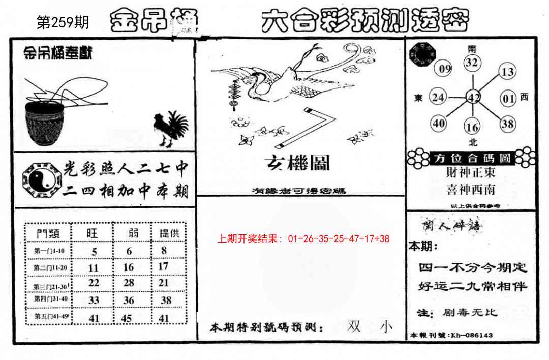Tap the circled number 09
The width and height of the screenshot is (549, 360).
(445, 69)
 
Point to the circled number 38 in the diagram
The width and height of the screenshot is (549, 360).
(507, 123)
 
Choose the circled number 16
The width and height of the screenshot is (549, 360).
(472, 127)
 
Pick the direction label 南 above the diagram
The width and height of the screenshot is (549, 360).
(472, 49)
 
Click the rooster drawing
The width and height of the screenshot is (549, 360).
(170, 129)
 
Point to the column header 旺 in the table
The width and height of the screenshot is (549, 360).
(92, 233)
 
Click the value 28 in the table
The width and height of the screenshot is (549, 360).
(129, 283)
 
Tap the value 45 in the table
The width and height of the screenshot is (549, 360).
(129, 319)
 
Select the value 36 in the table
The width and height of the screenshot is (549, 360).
(129, 301)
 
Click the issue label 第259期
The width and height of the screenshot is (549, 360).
(63, 23)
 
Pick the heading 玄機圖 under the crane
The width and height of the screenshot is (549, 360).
(297, 163)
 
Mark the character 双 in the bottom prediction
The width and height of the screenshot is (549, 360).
(354, 326)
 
